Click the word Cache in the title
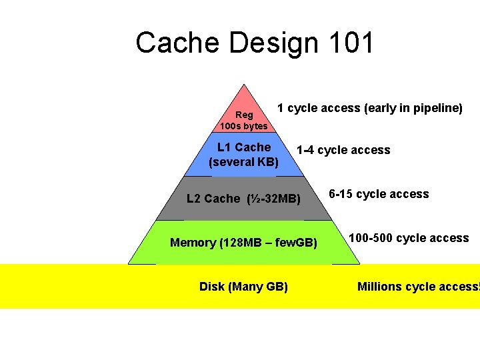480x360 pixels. (x=178, y=43)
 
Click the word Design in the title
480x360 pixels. (x=273, y=43)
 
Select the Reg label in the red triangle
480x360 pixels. (x=244, y=115)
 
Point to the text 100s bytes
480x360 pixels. (x=244, y=126)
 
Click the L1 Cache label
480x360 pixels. (x=244, y=147)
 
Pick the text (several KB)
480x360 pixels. (x=244, y=162)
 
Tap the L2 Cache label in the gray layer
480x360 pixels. (x=213, y=199)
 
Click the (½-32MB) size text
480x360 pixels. (x=273, y=199)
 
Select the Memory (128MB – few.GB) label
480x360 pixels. (x=243, y=243)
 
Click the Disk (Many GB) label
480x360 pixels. (x=243, y=287)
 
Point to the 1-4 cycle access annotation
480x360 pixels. (x=343, y=151)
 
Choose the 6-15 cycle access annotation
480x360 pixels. (x=379, y=195)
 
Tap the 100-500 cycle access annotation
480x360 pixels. (x=409, y=238)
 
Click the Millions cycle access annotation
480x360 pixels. (x=418, y=287)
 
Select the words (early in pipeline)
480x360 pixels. (x=413, y=108)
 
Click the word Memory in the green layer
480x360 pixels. (x=193, y=243)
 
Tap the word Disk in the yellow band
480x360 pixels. (x=212, y=287)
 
